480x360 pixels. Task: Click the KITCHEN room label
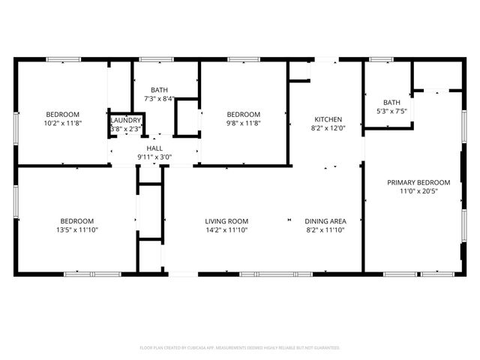point(328,119)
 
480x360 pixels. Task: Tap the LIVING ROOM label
point(226,221)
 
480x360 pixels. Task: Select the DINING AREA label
point(325,221)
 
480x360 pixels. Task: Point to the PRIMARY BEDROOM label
point(418,182)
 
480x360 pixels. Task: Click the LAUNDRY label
point(125,120)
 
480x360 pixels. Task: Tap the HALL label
point(154,148)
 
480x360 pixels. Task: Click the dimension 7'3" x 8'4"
point(159,98)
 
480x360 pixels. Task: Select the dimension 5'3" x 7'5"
point(391,112)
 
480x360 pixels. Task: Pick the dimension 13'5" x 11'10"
point(77,230)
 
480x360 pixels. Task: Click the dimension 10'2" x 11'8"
point(63,123)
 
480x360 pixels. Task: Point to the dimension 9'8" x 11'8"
point(244,123)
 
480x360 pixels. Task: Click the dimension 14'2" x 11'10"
point(226,230)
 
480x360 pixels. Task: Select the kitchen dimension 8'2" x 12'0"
point(328,128)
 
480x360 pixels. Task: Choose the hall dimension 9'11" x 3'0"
point(154,157)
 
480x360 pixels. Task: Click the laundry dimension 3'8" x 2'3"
point(125,128)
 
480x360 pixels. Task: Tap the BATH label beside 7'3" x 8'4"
point(159,90)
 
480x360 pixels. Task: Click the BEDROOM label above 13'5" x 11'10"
point(77,221)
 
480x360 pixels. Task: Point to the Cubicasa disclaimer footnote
point(240,348)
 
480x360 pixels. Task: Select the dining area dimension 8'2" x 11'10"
point(325,230)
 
